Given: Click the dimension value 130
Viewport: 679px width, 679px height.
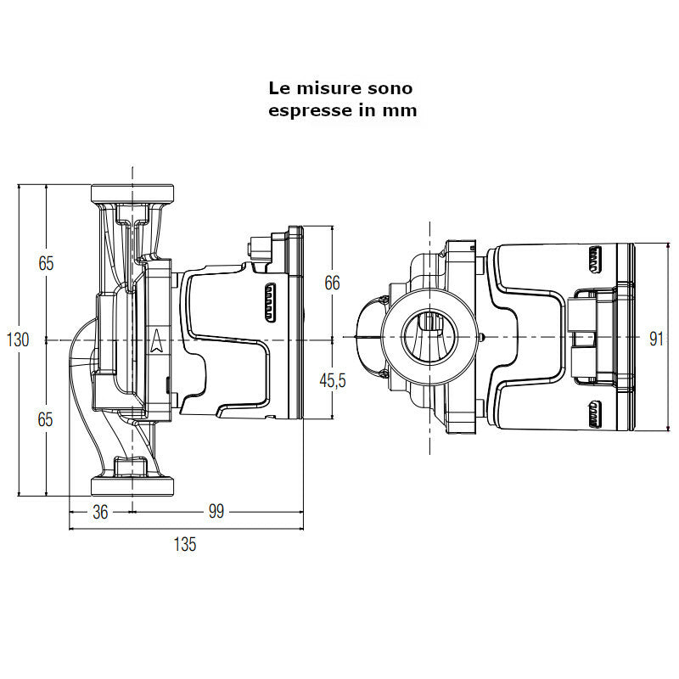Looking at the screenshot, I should click(18, 339).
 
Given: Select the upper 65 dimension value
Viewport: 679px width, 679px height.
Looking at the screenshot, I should click(46, 263).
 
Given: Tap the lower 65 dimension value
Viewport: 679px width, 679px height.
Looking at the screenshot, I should click(46, 418).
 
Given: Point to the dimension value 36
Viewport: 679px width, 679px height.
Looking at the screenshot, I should click(100, 513).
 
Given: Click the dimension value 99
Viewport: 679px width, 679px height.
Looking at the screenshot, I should click(216, 513).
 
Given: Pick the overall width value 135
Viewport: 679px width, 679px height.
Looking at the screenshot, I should click(184, 545).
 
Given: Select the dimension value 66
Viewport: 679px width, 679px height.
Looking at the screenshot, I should click(333, 283).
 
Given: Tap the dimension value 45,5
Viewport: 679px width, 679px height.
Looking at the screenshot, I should click(333, 380).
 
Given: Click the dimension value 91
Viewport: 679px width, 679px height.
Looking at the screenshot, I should click(656, 339).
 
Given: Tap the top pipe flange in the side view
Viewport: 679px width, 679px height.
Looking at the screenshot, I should click(133, 192).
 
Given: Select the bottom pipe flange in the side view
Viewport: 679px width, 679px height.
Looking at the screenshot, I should click(133, 486).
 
